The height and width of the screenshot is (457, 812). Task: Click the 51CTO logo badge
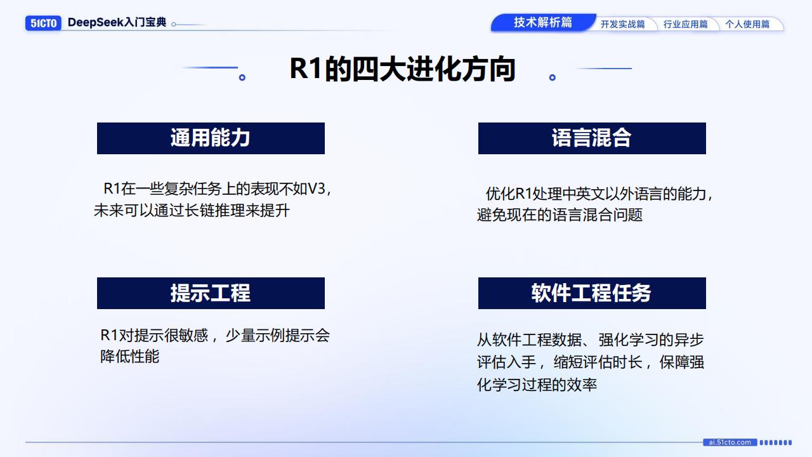coord(43,23)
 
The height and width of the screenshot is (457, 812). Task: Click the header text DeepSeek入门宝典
coord(117,22)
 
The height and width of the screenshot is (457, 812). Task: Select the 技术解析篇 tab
coord(542,22)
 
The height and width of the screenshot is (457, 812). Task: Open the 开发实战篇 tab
coord(623,24)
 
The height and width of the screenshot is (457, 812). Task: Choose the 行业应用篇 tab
coord(686,24)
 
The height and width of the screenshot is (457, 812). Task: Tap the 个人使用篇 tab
coord(747,24)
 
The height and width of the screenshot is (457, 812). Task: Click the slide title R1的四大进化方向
coord(402,69)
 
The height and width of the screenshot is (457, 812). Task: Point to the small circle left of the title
coord(242,77)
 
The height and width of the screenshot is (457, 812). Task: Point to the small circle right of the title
coord(553,77)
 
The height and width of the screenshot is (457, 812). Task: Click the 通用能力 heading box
coord(211,138)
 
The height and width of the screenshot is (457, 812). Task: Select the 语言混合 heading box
coord(592,138)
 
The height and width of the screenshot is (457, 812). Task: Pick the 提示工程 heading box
coord(211,293)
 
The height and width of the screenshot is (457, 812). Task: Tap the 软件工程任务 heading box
coord(592,293)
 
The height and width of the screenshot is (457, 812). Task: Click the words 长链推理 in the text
coord(214,210)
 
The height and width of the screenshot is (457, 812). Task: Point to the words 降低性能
coord(130,356)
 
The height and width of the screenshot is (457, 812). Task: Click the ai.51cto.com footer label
coord(730,442)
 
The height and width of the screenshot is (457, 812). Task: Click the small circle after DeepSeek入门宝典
coord(174,24)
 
